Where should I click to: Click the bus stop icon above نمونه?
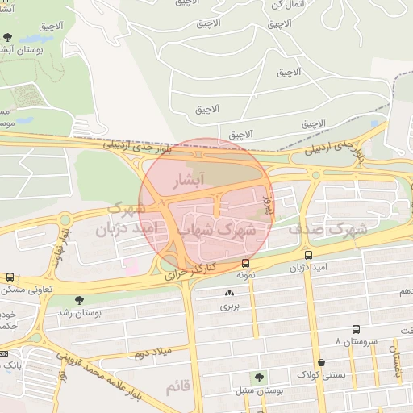[x=246, y=263]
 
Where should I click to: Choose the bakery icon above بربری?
[x=231, y=294]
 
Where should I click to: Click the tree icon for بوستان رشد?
[x=77, y=301]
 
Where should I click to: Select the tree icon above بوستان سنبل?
[x=259, y=377]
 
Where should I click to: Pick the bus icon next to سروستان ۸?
[x=356, y=329]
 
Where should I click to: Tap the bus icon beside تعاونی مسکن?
[x=10, y=277]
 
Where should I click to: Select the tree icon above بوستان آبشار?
[x=8, y=37]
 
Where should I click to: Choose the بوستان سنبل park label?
[x=259, y=390]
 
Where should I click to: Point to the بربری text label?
[x=231, y=307]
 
